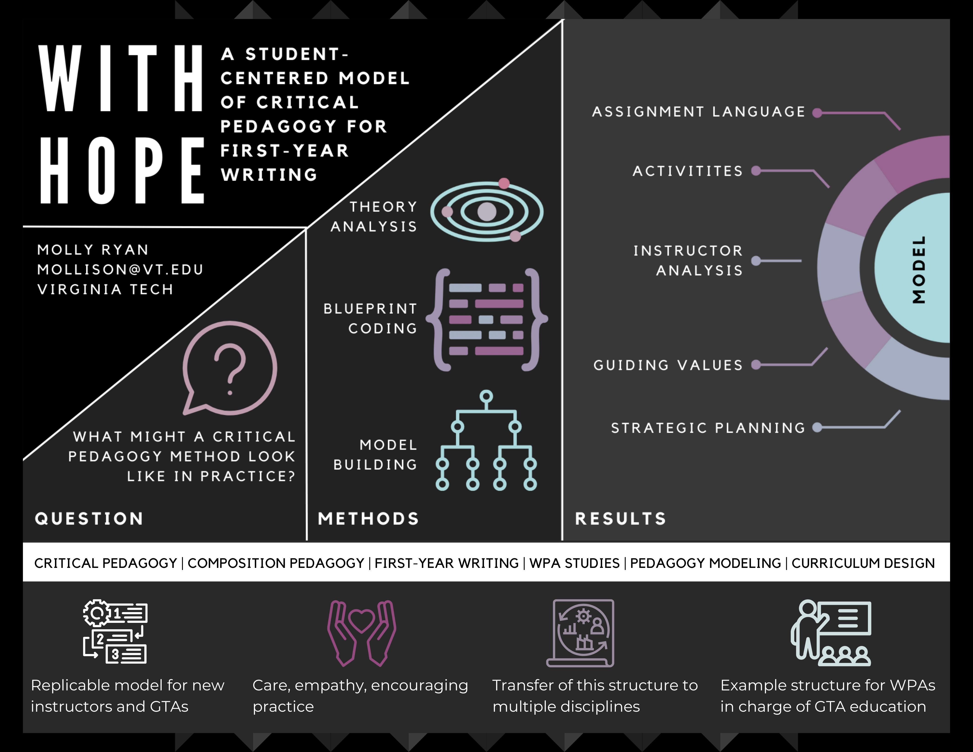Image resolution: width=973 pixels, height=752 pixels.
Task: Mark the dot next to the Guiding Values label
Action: tap(756, 365)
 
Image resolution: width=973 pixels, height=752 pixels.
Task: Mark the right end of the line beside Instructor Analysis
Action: tap(801, 261)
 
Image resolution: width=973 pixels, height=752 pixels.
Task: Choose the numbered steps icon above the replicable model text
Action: tap(115, 632)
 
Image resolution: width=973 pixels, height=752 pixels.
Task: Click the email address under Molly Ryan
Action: tap(120, 270)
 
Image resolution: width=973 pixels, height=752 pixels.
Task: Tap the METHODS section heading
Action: tap(368, 519)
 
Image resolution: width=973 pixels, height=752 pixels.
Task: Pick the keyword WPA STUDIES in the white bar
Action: tap(574, 563)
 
